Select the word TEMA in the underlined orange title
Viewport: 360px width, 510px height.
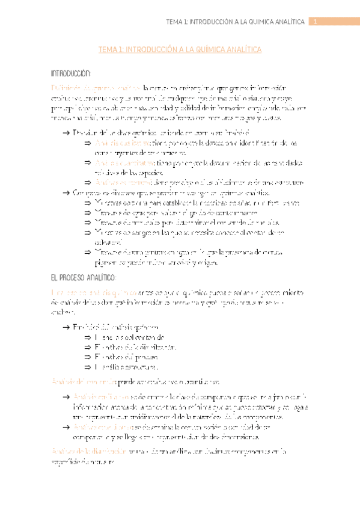point(109,51)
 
